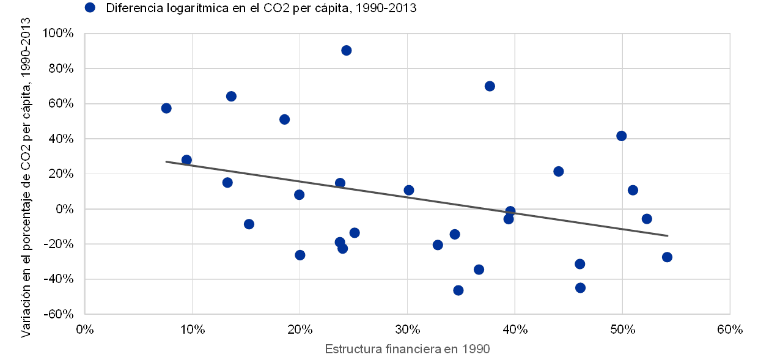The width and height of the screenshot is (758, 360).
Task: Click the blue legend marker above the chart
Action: point(90,8)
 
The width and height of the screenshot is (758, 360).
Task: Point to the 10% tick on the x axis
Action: point(192,330)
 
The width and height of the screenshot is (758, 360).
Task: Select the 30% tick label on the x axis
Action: point(408,330)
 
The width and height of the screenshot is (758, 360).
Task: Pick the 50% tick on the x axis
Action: point(623,330)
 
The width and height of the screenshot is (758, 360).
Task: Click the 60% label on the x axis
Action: point(730,330)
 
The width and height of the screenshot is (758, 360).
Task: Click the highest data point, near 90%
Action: point(346,50)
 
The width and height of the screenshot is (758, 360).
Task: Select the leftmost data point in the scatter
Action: point(166,108)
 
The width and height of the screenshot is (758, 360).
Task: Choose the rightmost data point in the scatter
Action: point(667,257)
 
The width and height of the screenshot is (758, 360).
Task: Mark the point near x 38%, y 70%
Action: point(490,86)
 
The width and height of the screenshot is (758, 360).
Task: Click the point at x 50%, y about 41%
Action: point(622,136)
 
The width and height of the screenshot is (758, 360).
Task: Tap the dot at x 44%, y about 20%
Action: point(558,171)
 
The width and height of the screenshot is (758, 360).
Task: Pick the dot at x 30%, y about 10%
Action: point(409,190)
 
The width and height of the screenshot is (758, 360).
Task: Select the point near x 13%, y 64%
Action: point(231,96)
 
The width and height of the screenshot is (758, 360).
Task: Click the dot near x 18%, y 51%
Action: point(284,119)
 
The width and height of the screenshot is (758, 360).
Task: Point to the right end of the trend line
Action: point(668,235)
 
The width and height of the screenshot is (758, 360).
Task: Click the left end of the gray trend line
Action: point(166,161)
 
